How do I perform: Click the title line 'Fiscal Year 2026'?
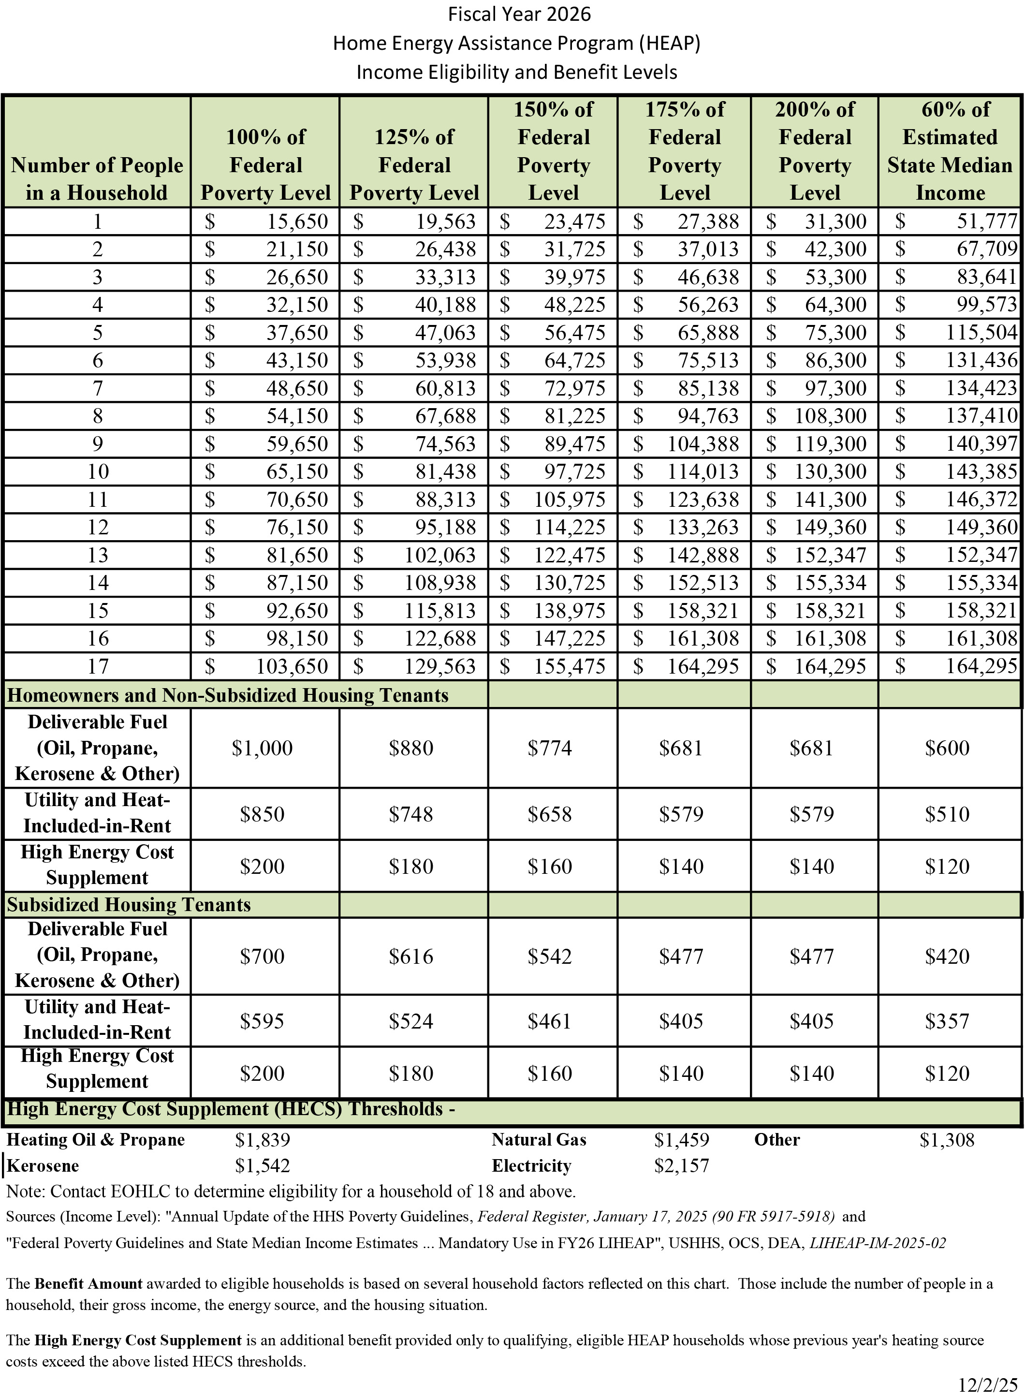click(519, 15)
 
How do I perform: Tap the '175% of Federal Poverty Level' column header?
click(684, 151)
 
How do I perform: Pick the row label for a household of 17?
click(97, 666)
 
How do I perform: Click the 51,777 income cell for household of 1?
click(986, 221)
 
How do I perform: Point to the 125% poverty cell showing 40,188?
click(445, 305)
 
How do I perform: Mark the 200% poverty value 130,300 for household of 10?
click(830, 471)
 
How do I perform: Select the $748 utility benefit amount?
click(411, 814)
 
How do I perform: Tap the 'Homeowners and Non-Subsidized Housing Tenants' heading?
click(227, 695)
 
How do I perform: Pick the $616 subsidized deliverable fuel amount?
click(411, 956)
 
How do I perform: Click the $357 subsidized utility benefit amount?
click(947, 1021)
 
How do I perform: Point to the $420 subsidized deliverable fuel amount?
click(947, 956)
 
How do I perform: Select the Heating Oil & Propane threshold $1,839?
click(263, 1140)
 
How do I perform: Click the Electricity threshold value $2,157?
click(681, 1166)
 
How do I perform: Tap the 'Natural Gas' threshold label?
click(539, 1140)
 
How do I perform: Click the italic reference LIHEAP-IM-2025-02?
click(878, 1243)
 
